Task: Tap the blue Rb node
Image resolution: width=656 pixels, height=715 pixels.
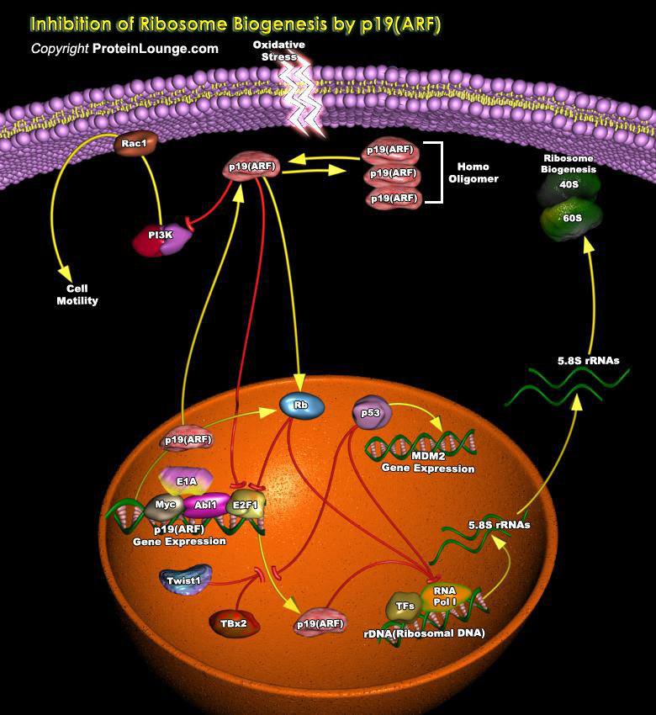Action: coord(300,405)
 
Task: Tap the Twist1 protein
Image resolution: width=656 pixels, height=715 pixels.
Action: coord(183,580)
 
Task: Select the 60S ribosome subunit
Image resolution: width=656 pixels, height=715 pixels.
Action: coord(571,218)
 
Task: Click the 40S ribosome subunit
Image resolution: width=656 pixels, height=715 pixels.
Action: coord(568,184)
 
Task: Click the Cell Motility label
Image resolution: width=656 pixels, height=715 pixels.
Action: coord(77,294)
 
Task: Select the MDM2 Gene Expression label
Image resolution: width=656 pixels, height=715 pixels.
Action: coord(428,463)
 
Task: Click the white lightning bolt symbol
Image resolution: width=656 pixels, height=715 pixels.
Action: coord(302,97)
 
